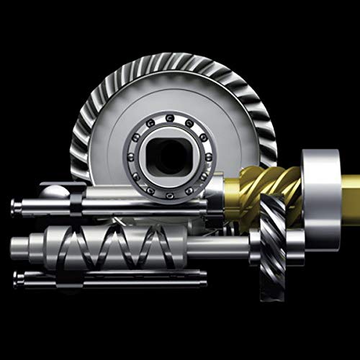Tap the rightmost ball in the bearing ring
tap(207, 153)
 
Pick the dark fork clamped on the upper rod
tap(76, 198)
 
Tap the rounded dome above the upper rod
tap(55, 191)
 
